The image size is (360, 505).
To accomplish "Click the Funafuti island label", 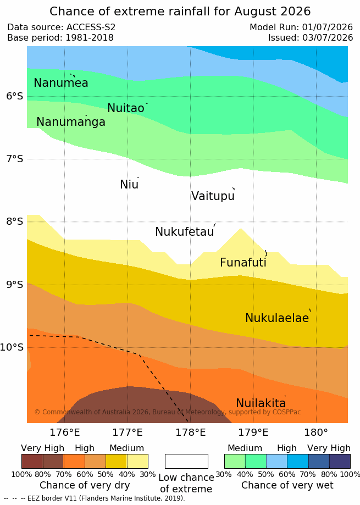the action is [x=243, y=262].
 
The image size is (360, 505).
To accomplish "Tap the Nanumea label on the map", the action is [x=61, y=83].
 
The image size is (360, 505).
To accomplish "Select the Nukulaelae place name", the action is [x=277, y=318].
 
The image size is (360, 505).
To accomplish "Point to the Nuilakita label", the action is [x=261, y=403].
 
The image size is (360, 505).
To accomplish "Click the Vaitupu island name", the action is [x=213, y=196].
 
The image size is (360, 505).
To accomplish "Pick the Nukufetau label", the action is [x=185, y=231].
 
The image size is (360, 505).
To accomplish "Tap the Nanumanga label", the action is [x=71, y=122].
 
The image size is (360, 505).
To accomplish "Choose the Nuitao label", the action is [x=126, y=108].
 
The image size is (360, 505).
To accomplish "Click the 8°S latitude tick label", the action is [x=15, y=221].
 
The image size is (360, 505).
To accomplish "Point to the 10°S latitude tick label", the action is [x=12, y=347].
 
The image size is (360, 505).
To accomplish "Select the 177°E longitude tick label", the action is [x=128, y=432].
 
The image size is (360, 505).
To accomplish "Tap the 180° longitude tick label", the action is [x=316, y=432].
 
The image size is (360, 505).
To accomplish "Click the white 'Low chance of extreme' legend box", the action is [x=186, y=461].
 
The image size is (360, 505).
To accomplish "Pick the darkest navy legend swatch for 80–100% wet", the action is [x=340, y=461].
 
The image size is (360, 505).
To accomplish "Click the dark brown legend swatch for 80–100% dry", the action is [x=32, y=461].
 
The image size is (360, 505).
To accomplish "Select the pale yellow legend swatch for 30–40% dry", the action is [x=137, y=461].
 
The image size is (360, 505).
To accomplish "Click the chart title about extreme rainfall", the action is [x=180, y=12].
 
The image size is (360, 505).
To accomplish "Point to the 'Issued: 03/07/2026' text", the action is [x=311, y=38].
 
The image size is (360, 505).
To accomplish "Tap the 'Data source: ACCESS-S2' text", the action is [x=61, y=27].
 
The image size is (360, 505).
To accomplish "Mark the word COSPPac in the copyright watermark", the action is [x=286, y=412].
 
